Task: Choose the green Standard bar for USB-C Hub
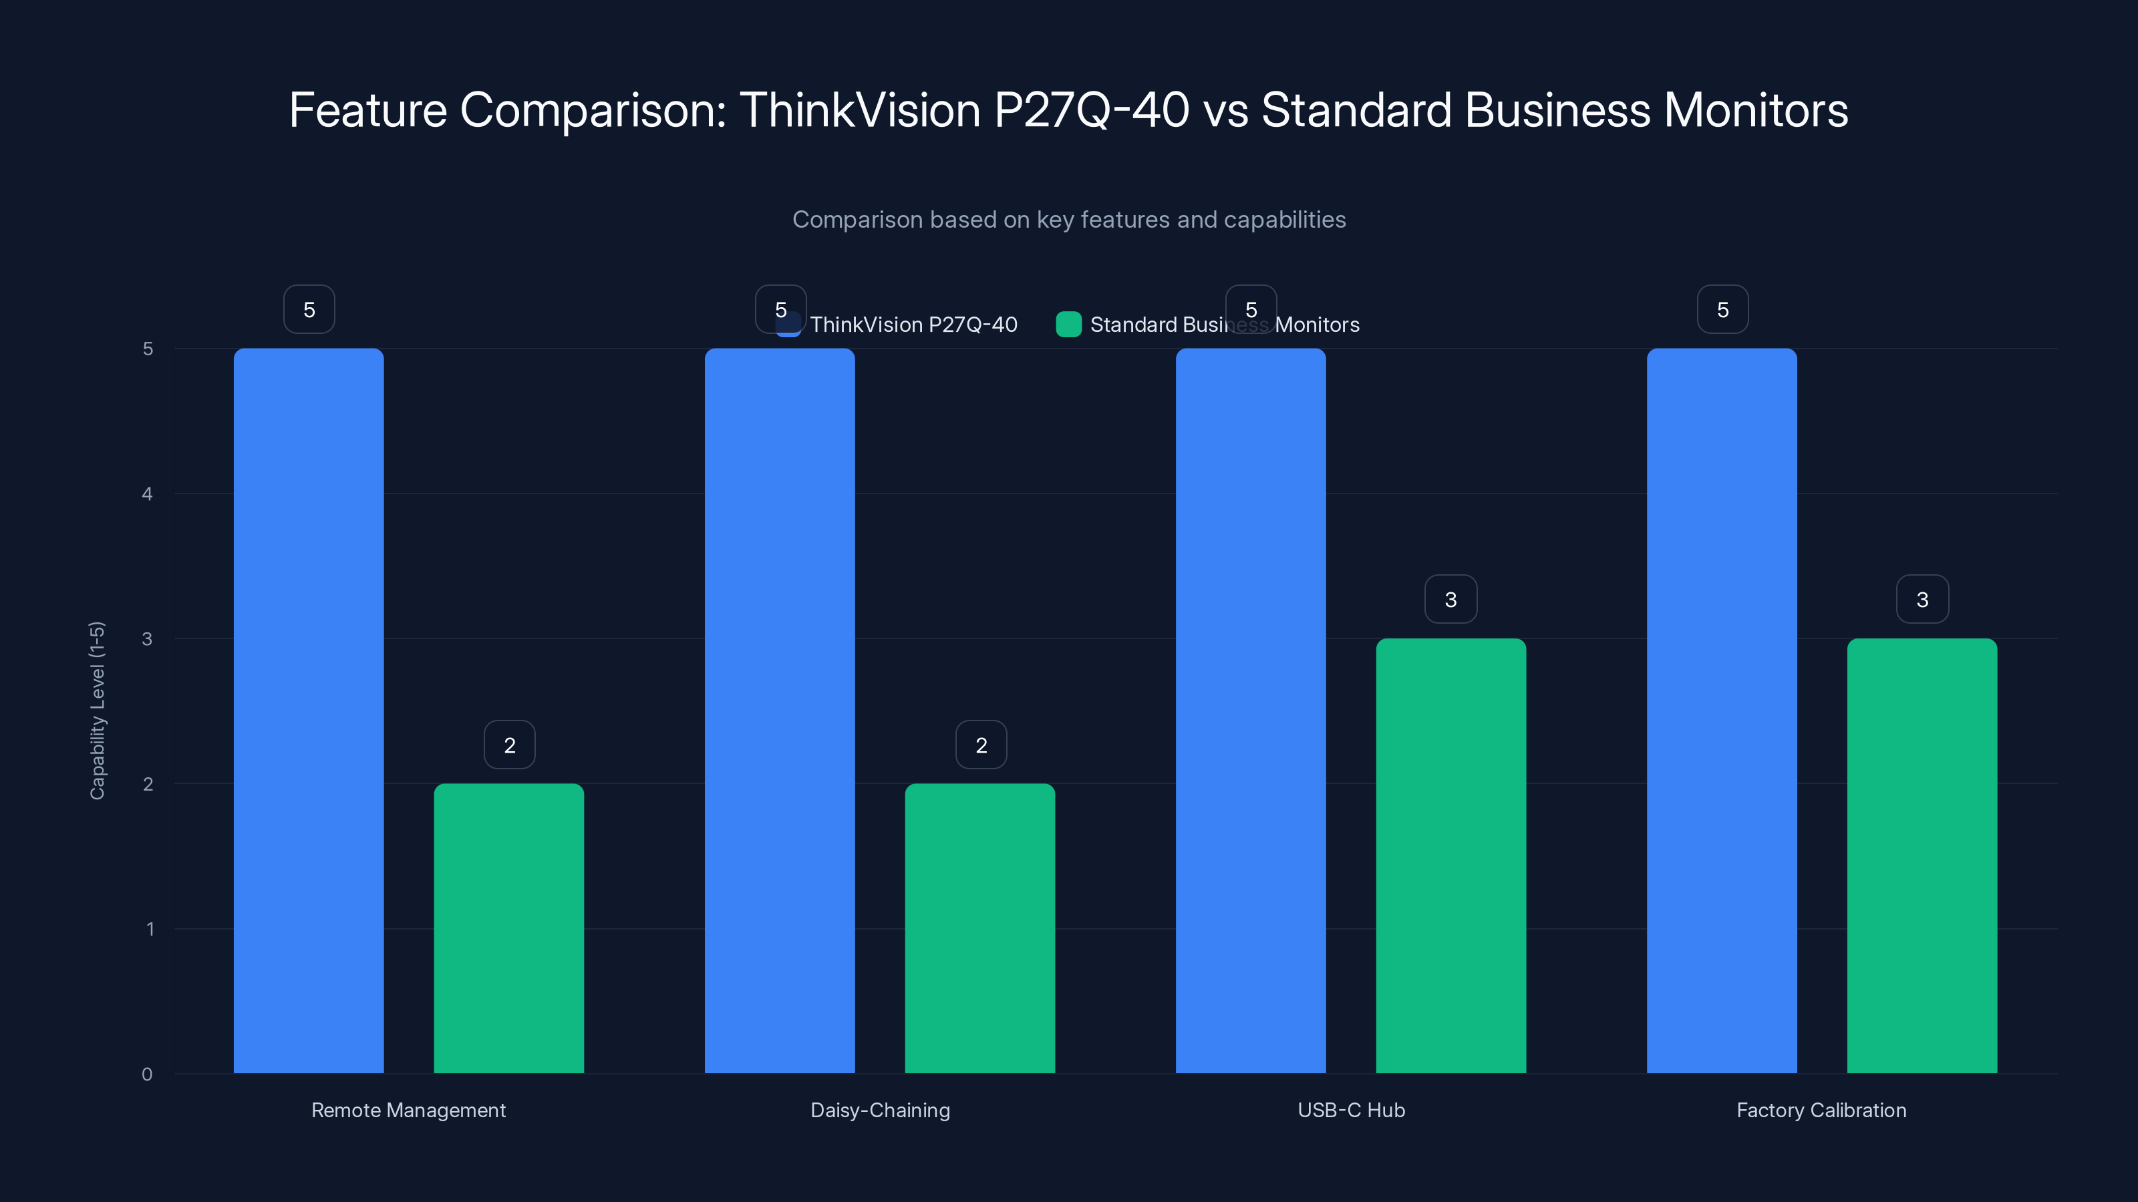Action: [x=1450, y=855]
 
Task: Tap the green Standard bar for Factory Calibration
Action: [x=1922, y=855]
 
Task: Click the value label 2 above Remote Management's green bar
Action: [x=510, y=745]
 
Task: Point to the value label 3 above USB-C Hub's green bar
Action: [x=1450, y=599]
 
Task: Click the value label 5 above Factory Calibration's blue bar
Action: [x=1723, y=309]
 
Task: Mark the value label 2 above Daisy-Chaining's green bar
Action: [x=981, y=745]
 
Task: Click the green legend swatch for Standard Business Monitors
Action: [x=1068, y=325]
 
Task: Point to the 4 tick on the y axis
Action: [x=148, y=493]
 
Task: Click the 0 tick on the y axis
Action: [x=148, y=1074]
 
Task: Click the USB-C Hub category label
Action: [x=1351, y=1110]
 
